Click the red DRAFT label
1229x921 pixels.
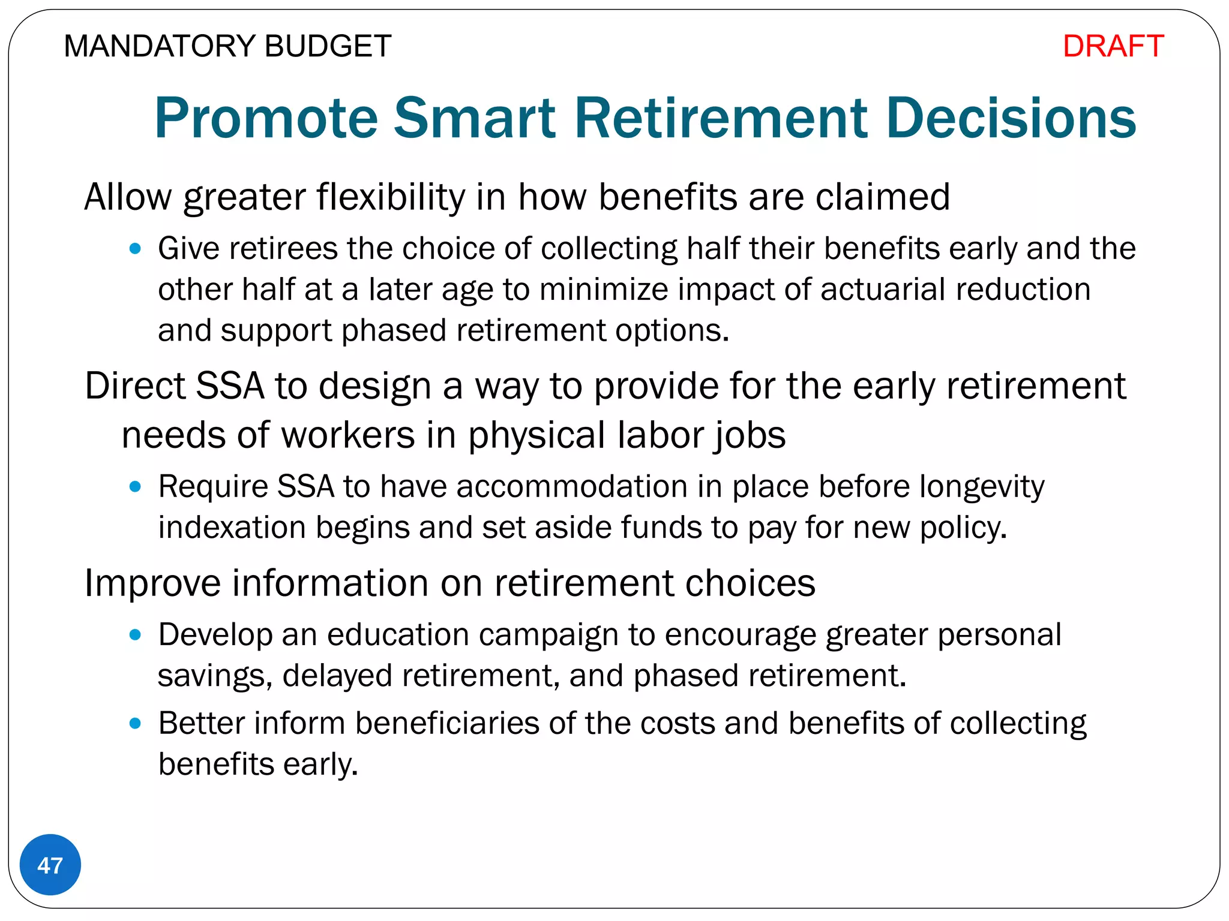1113,46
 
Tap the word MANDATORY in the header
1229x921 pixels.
159,46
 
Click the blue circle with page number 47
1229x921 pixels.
50,865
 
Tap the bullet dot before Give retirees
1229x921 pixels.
135,248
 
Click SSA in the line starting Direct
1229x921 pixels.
230,386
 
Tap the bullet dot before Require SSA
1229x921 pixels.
135,486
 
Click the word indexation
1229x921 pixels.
232,528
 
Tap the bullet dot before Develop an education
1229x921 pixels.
135,634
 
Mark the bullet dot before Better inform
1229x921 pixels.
135,723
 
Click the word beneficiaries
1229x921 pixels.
447,723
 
